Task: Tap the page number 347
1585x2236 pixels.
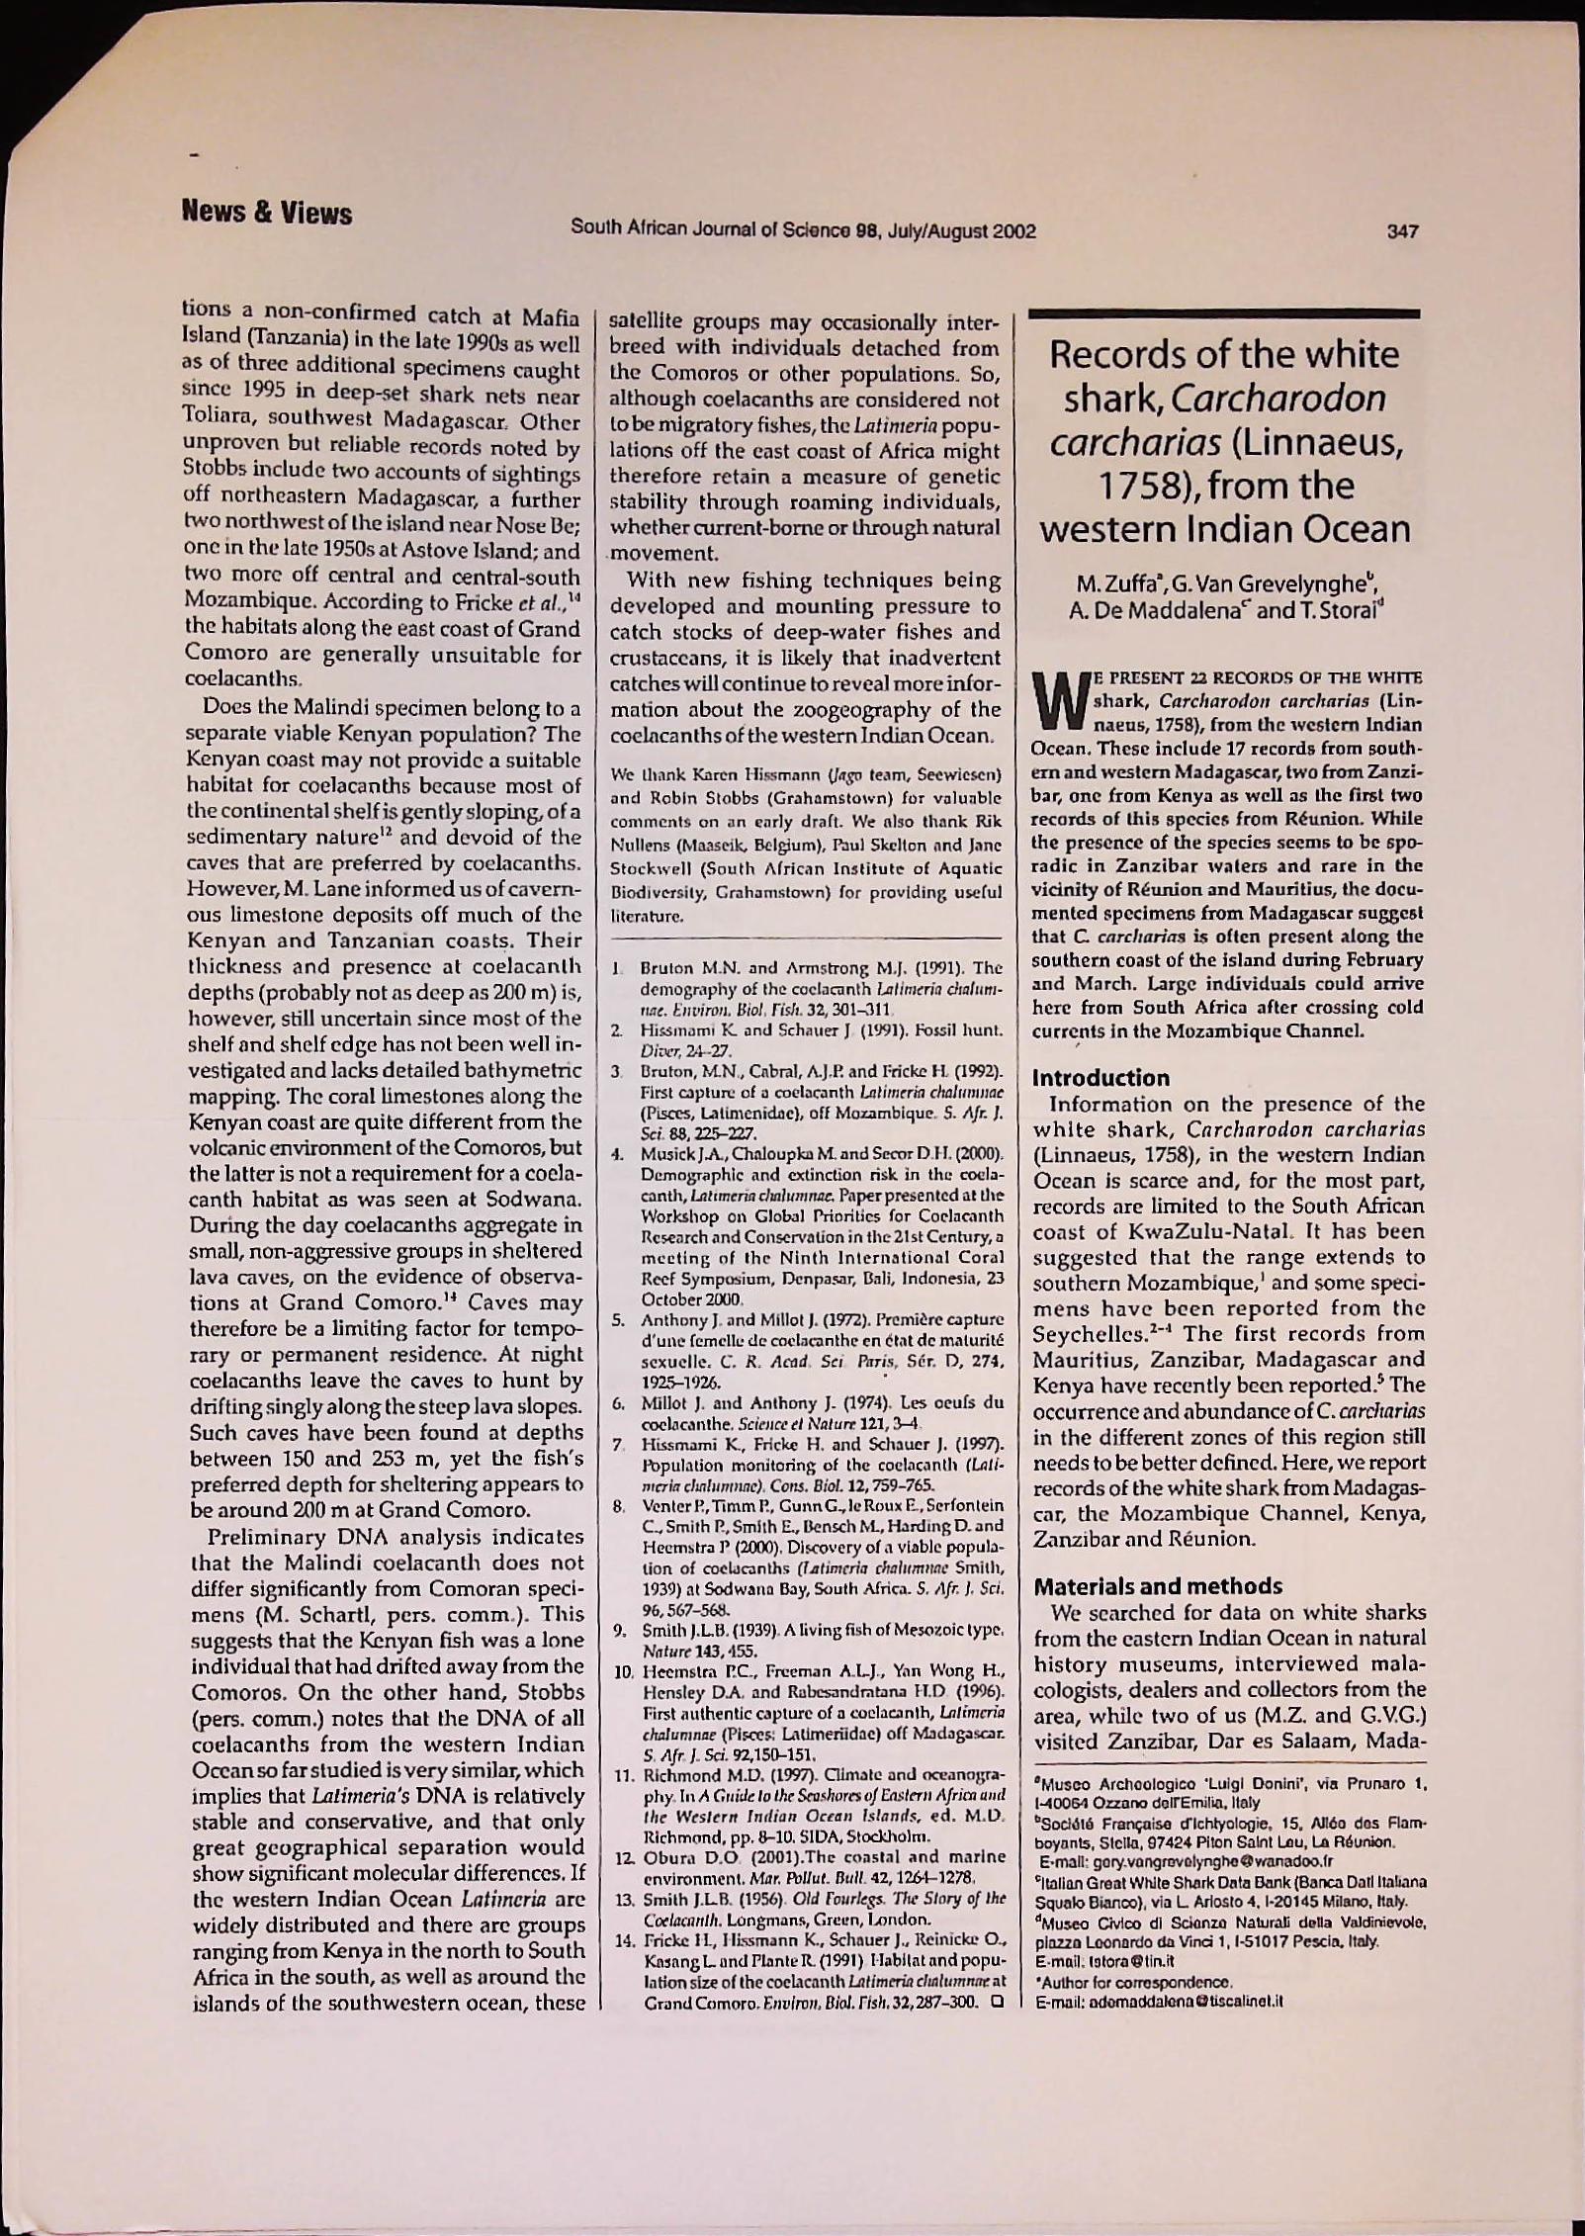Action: (x=1403, y=232)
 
